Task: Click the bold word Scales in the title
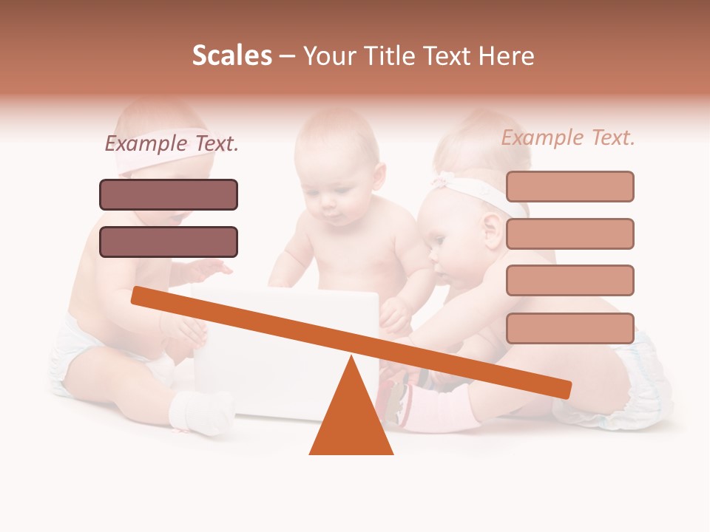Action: pyautogui.click(x=231, y=56)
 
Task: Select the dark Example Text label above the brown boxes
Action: pyautogui.click(x=172, y=143)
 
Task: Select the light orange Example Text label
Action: pyautogui.click(x=568, y=137)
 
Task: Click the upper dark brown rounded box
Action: pyautogui.click(x=169, y=194)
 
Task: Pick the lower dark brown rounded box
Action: pyautogui.click(x=169, y=242)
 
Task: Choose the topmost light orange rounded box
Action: pyautogui.click(x=569, y=186)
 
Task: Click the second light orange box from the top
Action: pyautogui.click(x=569, y=233)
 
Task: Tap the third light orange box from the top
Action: pyautogui.click(x=569, y=280)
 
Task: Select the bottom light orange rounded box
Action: pyautogui.click(x=569, y=328)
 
